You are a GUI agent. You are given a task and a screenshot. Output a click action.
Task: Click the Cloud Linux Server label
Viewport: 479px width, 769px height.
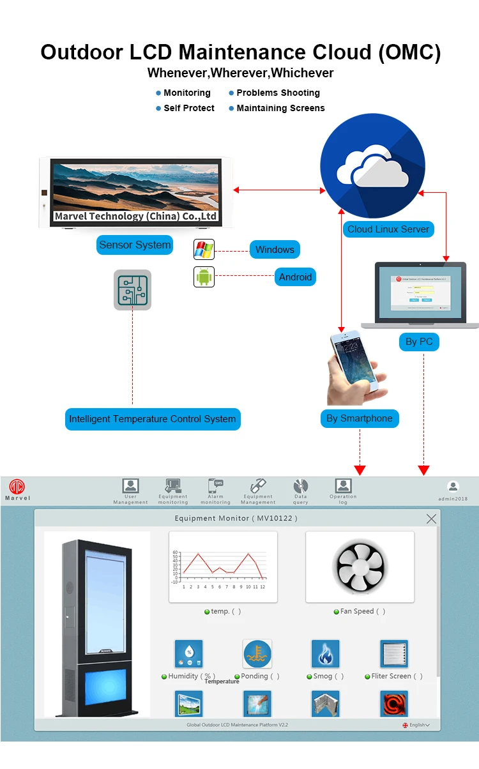pyautogui.click(x=388, y=229)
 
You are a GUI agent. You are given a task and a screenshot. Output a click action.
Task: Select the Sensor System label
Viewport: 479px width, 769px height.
pyautogui.click(x=135, y=245)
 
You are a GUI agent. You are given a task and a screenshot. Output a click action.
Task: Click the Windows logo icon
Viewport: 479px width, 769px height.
pyautogui.click(x=204, y=250)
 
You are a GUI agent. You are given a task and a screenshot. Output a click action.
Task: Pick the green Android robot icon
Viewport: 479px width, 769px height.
pyautogui.click(x=204, y=277)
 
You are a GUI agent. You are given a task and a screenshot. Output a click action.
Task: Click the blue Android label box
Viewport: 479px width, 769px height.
pyautogui.click(x=295, y=277)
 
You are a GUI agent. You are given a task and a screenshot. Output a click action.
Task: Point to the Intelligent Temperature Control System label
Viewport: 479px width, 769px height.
pyautogui.click(x=153, y=419)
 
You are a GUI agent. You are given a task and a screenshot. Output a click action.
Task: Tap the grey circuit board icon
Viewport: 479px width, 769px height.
pyautogui.click(x=132, y=290)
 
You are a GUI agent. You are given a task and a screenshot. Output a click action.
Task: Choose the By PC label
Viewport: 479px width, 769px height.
pyautogui.click(x=419, y=342)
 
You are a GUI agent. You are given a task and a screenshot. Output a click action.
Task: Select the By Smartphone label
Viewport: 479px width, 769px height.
pyautogui.click(x=359, y=418)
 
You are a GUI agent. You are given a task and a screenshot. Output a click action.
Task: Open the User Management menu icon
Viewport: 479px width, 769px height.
pyautogui.click(x=130, y=486)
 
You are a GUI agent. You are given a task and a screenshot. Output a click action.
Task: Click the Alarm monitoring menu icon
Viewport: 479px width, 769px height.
pyautogui.click(x=215, y=486)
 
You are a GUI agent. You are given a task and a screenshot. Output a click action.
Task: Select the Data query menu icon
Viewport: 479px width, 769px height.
pyautogui.click(x=301, y=486)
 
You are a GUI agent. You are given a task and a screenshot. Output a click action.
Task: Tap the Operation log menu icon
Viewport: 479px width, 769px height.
pyautogui.click(x=343, y=486)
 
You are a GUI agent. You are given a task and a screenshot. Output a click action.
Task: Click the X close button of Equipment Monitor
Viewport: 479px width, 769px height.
pyautogui.click(x=431, y=519)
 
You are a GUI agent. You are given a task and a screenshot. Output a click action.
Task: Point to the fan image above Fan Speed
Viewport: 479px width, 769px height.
pyautogui.click(x=360, y=567)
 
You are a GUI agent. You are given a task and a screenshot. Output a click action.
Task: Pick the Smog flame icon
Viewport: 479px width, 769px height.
pyautogui.click(x=325, y=653)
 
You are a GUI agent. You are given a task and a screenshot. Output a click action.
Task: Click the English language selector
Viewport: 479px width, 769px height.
pyautogui.click(x=416, y=725)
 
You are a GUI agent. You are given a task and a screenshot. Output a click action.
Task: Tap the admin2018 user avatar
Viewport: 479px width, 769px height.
pyautogui.click(x=453, y=487)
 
